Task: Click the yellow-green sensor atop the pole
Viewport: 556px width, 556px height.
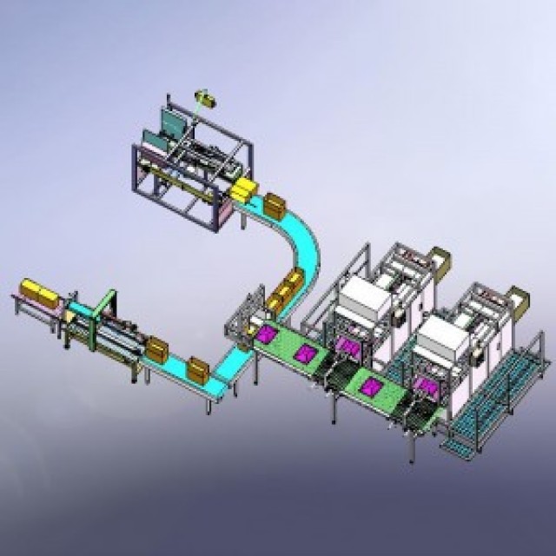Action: (206, 96)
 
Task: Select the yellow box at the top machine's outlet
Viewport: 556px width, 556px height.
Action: (246, 189)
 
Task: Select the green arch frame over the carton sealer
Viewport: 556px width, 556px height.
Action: (104, 301)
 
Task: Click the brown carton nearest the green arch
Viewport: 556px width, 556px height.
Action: (158, 349)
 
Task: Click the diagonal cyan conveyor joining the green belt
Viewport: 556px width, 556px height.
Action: (233, 357)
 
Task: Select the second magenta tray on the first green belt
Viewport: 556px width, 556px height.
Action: (305, 353)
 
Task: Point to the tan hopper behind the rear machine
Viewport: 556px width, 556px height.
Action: (441, 259)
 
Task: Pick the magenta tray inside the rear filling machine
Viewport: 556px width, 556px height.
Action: (350, 347)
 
